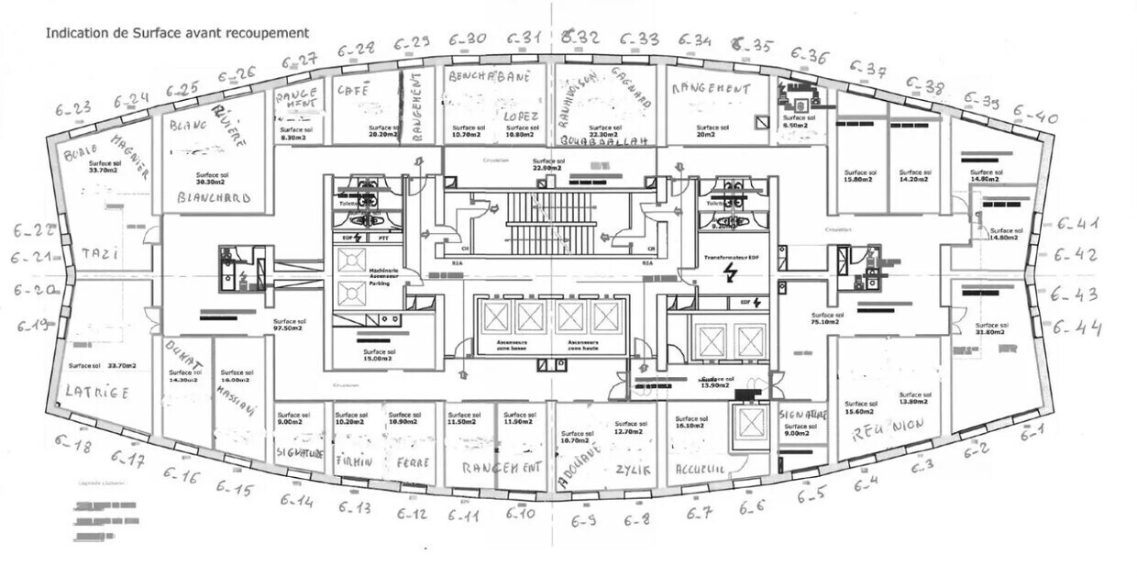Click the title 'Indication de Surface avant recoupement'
pyautogui.click(x=177, y=33)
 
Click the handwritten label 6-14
pyautogui.click(x=297, y=501)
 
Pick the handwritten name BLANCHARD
pyautogui.click(x=214, y=197)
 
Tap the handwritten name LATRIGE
pyautogui.click(x=96, y=391)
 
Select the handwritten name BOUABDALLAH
pyautogui.click(x=603, y=140)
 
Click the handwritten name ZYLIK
pyautogui.click(x=633, y=469)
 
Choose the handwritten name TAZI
pyautogui.click(x=99, y=252)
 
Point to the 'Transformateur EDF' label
pyautogui.click(x=731, y=260)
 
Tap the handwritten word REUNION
pyautogui.click(x=887, y=430)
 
